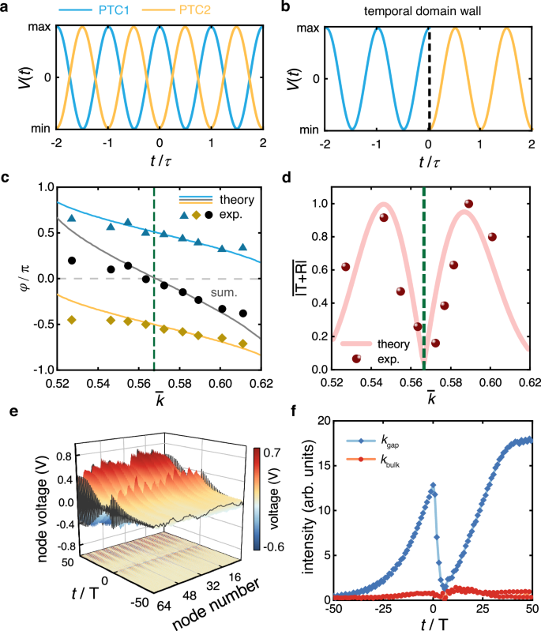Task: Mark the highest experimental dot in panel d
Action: [468, 204]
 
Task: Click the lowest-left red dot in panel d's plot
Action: [357, 359]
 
